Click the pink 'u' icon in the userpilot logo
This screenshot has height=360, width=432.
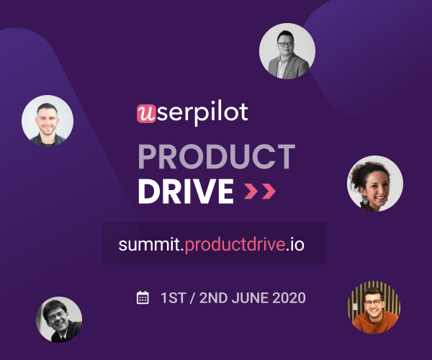(146, 114)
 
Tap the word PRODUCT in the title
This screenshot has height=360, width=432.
(217, 156)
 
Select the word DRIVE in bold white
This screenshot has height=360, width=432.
(186, 191)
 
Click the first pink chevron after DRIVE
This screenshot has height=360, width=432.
(251, 191)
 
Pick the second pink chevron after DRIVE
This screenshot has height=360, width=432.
(269, 191)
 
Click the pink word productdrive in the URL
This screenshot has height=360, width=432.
(235, 244)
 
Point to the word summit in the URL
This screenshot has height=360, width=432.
(149, 244)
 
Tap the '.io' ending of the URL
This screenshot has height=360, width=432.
(295, 244)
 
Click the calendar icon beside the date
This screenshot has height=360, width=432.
(143, 297)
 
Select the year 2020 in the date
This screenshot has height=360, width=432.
(289, 298)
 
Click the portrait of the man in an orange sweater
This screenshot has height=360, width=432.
(374, 307)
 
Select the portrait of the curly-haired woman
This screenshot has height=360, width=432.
(375, 184)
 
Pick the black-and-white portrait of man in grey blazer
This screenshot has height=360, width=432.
(287, 51)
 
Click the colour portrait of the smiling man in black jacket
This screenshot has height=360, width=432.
(48, 121)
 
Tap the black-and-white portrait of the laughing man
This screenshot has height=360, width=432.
(59, 320)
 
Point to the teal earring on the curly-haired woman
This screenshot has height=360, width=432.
(365, 201)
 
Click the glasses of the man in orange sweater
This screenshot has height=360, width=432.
(373, 303)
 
